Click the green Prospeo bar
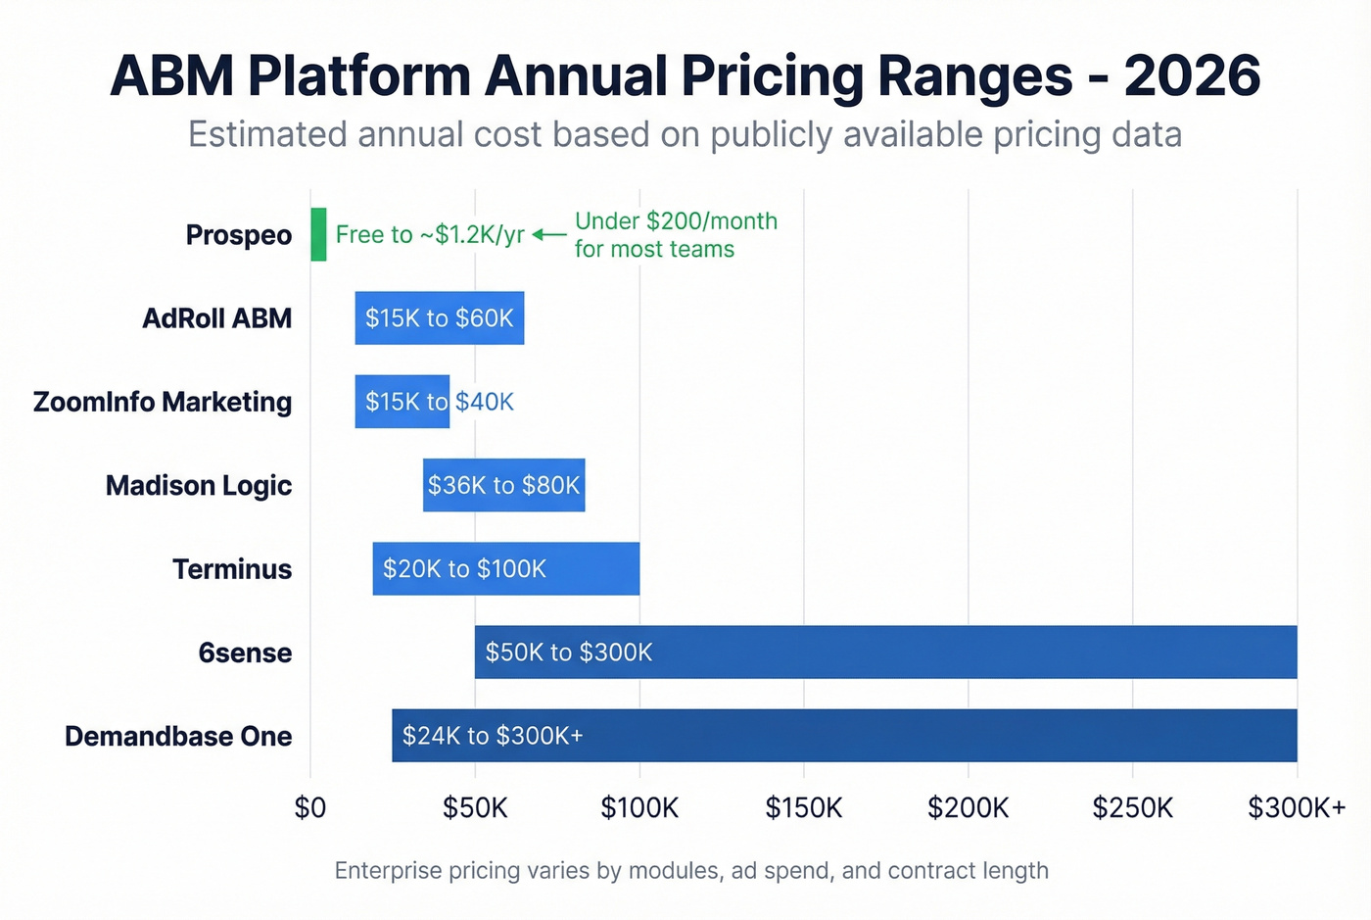[318, 234]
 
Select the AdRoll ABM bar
[439, 318]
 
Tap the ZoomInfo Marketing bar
[402, 402]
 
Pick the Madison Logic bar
[503, 485]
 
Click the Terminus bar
[505, 568]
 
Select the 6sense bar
[885, 652]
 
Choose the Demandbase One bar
[844, 735]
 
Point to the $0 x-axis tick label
[310, 808]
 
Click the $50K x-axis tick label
[475, 808]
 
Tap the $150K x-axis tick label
[803, 808]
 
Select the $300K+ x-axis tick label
[1297, 808]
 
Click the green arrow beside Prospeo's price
[549, 235]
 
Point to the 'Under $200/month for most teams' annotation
[675, 235]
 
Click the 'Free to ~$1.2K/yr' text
[430, 235]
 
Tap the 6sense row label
[245, 653]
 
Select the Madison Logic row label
[199, 486]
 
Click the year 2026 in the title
[1192, 76]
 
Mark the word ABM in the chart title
[172, 76]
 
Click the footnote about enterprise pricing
[691, 871]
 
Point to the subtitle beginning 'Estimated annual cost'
[685, 134]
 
